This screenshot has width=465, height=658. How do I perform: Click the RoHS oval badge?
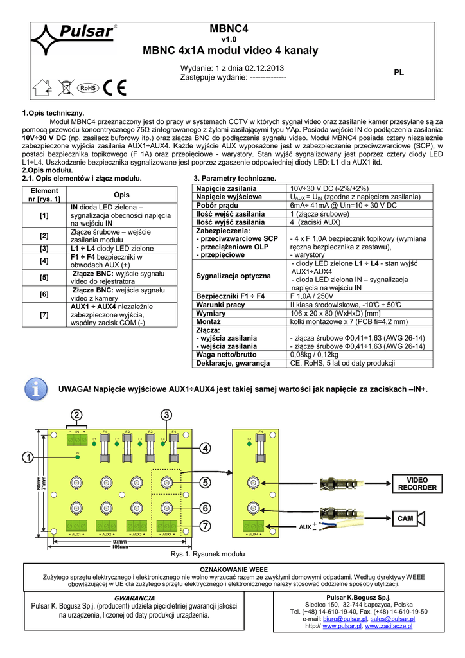tap(87, 87)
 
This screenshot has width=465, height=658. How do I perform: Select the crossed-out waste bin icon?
tap(65, 85)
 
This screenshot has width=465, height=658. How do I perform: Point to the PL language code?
tap(398, 73)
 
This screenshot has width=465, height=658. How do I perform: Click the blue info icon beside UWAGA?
tap(37, 389)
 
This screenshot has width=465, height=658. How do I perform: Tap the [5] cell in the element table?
tap(44, 278)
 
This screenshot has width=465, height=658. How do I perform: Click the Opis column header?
tap(121, 195)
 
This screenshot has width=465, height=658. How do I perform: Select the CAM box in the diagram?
tap(405, 518)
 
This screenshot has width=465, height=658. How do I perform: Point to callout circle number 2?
tap(76, 414)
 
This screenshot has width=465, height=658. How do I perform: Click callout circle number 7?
tap(205, 525)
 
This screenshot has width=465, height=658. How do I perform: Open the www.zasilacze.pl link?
tap(390, 625)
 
